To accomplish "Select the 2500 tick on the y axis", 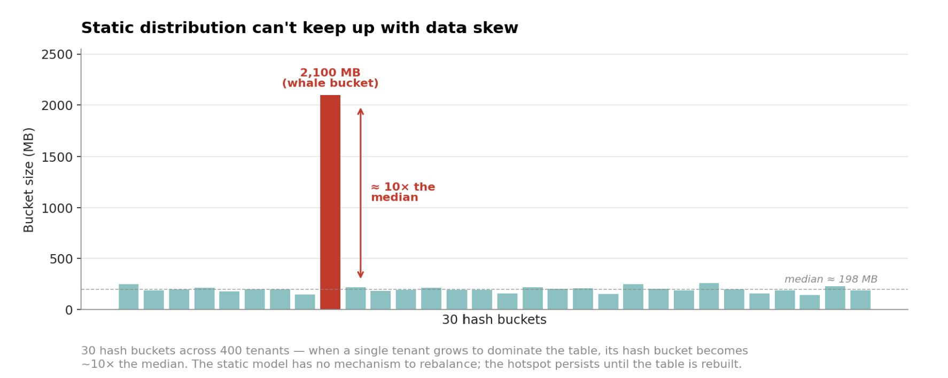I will point(57,54).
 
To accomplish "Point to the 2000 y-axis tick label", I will point(57,105).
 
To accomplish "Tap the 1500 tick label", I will point(57,157).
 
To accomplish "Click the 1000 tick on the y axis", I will point(57,208).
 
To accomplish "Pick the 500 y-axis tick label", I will point(61,259).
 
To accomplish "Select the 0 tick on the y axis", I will point(69,310).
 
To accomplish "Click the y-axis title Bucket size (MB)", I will point(29,180).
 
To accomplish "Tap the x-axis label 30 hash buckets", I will point(494,320).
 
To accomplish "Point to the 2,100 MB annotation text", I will point(330,73).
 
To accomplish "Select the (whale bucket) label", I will point(330,83).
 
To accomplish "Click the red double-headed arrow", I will point(361,193).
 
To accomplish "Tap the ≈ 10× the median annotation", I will point(402,192).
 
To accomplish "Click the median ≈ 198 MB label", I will point(830,279).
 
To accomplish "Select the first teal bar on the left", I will point(128,297).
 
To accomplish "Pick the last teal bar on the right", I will point(860,300).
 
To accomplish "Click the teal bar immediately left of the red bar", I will point(305,302).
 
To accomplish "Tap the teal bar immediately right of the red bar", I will point(355,298).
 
